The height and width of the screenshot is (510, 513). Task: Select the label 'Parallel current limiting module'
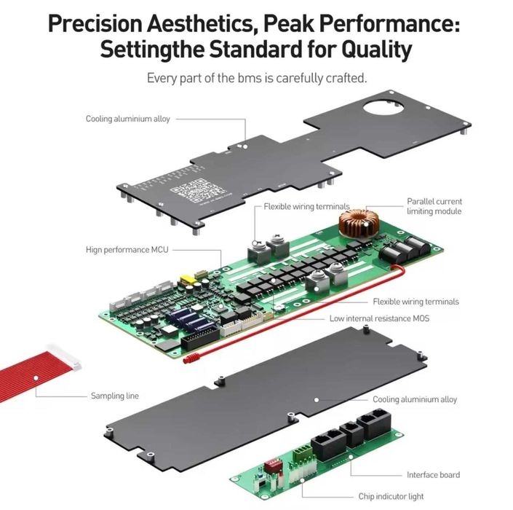coord(434,206)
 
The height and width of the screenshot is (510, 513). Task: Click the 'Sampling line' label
coord(114,396)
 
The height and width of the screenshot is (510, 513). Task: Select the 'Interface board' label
coord(433,474)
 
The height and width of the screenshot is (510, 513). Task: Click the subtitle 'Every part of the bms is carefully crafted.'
coord(255,77)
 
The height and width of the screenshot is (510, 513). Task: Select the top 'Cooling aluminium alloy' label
coord(127,119)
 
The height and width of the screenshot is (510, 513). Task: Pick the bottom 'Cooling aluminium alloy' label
coord(415,399)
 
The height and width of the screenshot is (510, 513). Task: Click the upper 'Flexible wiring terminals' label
coord(306,206)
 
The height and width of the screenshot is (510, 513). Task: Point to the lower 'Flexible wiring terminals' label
coord(415,301)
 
